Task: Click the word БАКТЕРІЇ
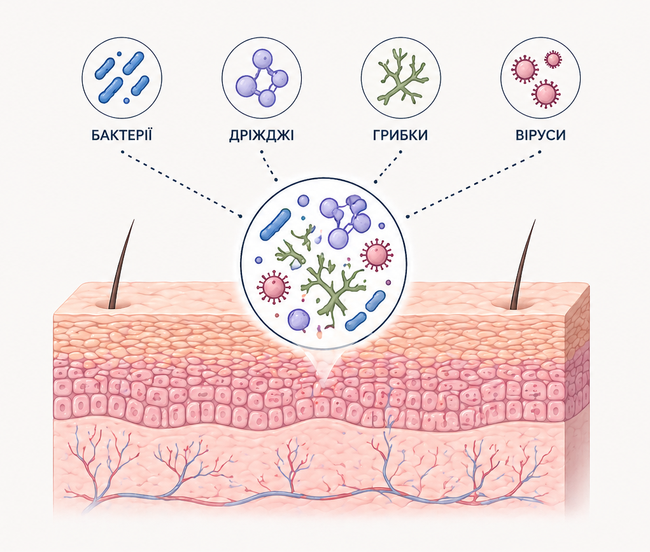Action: pyautogui.click(x=122, y=135)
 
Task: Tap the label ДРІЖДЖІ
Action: pyautogui.click(x=261, y=135)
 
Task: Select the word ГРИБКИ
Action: pyautogui.click(x=400, y=135)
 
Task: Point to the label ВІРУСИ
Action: pyautogui.click(x=540, y=135)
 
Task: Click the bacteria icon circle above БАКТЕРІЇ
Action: pyautogui.click(x=122, y=77)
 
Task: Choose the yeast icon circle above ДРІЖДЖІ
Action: pyautogui.click(x=261, y=77)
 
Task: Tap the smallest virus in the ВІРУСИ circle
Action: pyautogui.click(x=553, y=60)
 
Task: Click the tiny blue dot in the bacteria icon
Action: pyautogui.click(x=126, y=100)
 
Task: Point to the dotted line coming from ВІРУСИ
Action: pyautogui.click(x=474, y=184)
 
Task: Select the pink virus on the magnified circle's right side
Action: pyautogui.click(x=376, y=254)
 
